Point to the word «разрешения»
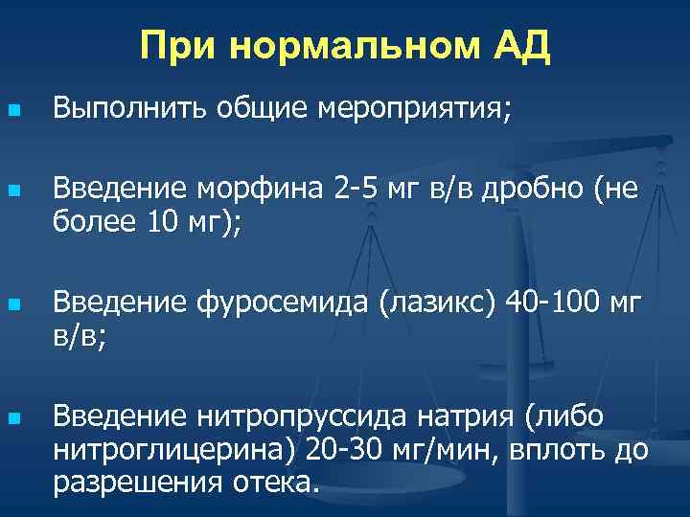[x=139, y=482]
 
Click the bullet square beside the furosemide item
[x=12, y=306]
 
